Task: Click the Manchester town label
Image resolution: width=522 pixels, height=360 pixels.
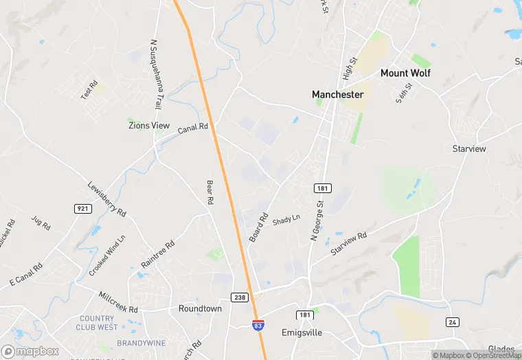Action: (337, 94)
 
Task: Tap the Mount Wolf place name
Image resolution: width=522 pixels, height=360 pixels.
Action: (405, 73)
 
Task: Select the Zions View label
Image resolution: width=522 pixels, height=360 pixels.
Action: (149, 125)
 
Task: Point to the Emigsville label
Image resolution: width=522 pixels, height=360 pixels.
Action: (302, 333)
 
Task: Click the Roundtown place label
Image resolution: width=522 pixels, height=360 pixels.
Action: (200, 308)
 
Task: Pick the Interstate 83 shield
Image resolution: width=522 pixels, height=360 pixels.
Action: (258, 326)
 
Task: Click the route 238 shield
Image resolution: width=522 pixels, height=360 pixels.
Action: (239, 297)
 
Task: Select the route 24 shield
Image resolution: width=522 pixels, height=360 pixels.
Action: (452, 322)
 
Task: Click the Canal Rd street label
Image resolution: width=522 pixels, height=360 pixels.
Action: (192, 128)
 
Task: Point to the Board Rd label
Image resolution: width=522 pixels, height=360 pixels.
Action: (258, 226)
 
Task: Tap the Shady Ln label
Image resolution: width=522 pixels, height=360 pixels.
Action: (286, 220)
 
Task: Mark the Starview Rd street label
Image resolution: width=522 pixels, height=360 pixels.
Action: (348, 244)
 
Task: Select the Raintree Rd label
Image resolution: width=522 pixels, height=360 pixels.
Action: (157, 254)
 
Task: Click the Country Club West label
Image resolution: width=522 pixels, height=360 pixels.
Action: (98, 323)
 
